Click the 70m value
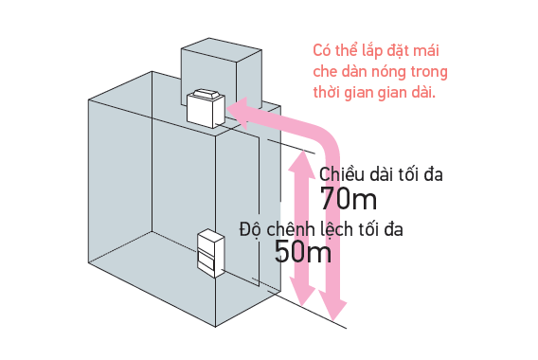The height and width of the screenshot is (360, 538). coord(349,199)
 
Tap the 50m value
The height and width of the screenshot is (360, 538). coord(303,251)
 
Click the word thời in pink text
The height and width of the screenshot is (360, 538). coord(326,92)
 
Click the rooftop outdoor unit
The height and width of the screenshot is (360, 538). coord(206,108)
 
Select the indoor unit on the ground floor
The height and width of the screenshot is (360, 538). coord(210,253)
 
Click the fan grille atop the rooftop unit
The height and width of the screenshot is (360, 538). coord(206,94)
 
